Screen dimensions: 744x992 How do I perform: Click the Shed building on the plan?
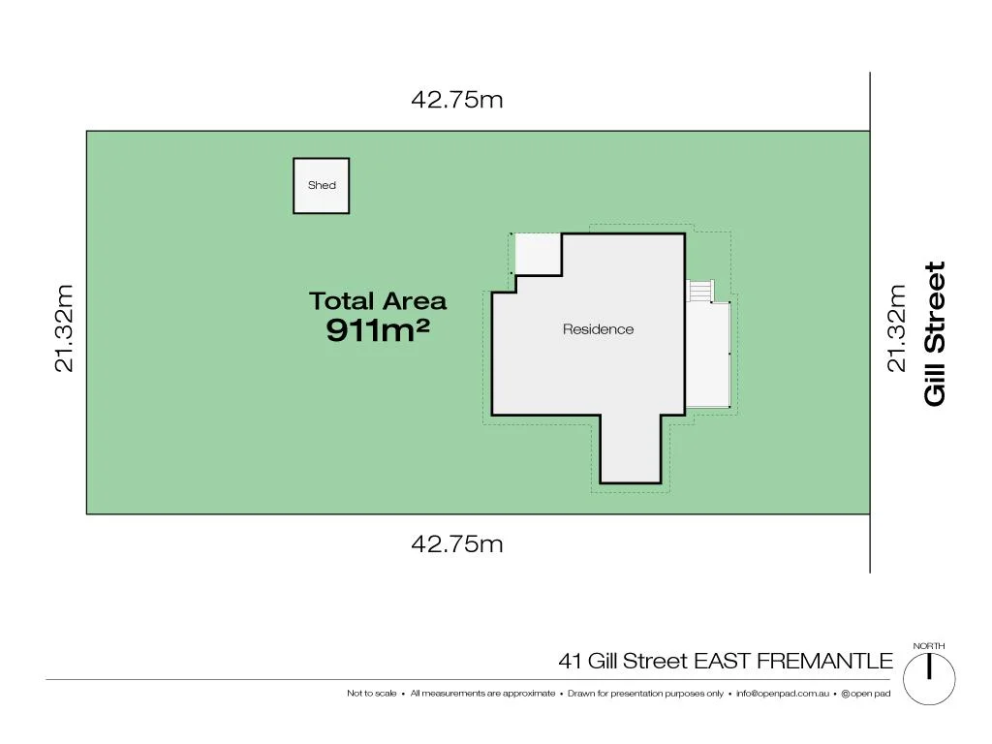click(322, 185)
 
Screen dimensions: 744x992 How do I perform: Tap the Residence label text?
click(598, 329)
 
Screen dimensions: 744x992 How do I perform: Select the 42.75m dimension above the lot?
click(457, 100)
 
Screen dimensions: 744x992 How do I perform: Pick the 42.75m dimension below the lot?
click(457, 543)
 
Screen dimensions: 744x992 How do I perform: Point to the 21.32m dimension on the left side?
click(64, 327)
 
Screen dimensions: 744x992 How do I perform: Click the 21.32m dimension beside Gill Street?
click(897, 327)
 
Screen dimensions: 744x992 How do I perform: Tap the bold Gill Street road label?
click(935, 333)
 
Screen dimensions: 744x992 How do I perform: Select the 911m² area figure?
click(378, 331)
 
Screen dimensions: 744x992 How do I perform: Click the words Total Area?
click(378, 301)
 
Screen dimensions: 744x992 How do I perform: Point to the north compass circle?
click(929, 675)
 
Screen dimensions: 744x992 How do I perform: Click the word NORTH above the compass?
click(929, 646)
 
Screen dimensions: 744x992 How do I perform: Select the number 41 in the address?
click(570, 662)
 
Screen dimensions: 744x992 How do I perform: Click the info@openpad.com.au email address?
click(782, 694)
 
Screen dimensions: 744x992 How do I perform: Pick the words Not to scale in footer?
click(372, 694)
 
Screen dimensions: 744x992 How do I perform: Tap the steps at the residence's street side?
click(699, 291)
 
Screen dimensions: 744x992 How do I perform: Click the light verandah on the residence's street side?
click(707, 355)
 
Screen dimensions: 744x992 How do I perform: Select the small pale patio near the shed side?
click(537, 254)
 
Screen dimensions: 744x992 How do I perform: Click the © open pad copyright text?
click(865, 694)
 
